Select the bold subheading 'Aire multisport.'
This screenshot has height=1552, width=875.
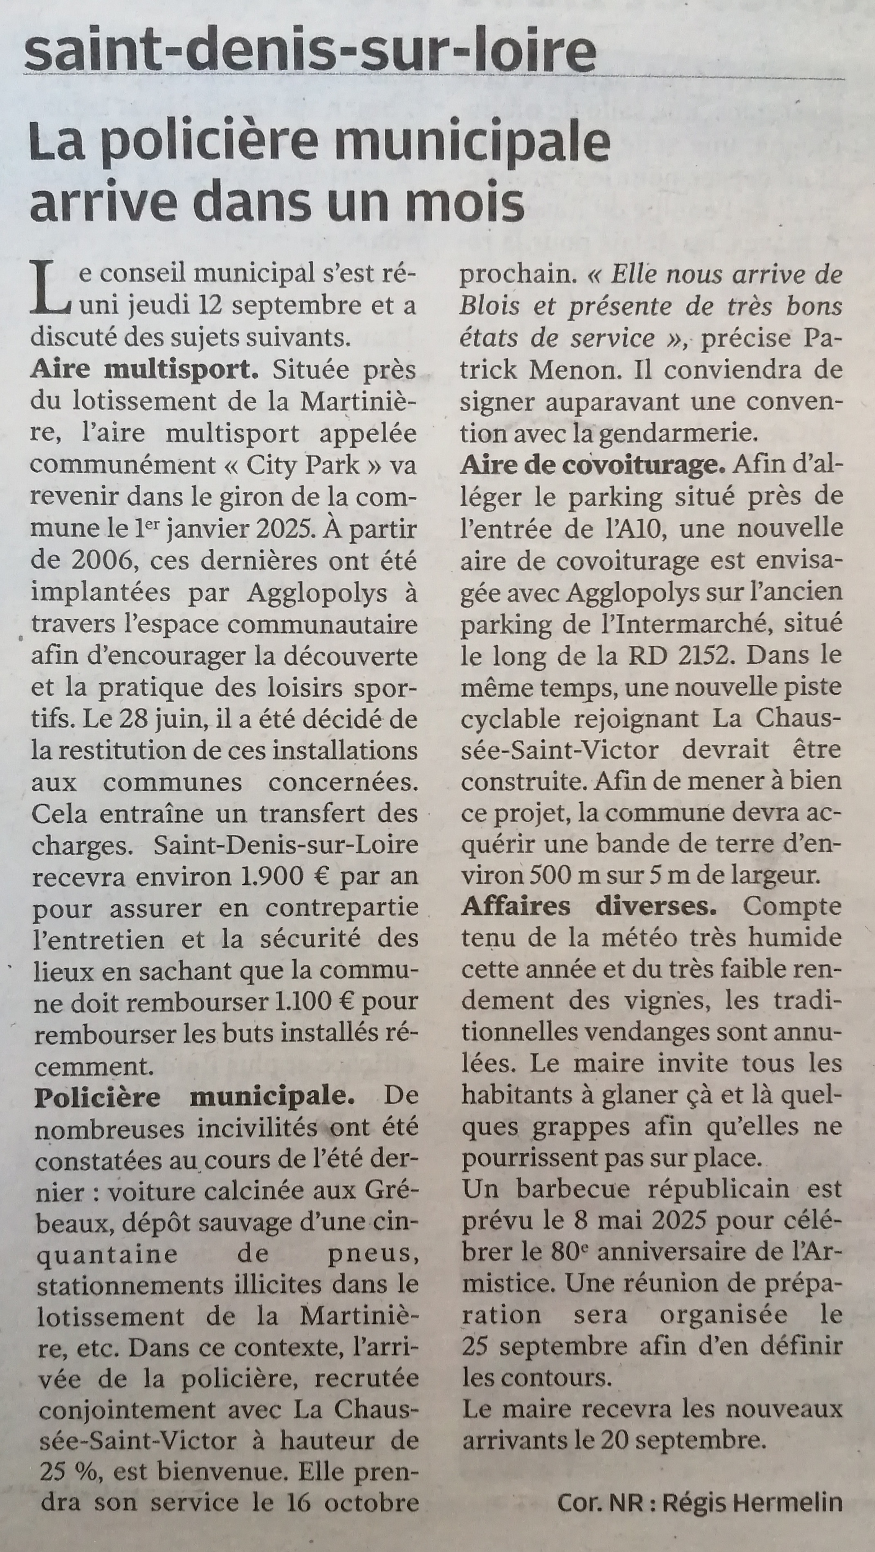point(144,369)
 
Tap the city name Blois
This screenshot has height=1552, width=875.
point(489,307)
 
